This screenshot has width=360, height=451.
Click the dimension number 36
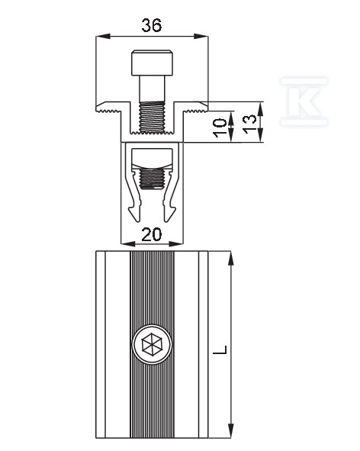click(152, 25)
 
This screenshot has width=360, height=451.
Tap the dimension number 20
click(152, 234)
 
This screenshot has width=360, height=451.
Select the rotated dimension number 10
click(220, 127)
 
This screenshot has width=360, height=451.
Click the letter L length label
click(221, 350)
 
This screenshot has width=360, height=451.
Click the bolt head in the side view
click(153, 63)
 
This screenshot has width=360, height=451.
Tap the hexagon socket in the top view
click(152, 344)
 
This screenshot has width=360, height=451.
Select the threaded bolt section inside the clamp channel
click(152, 118)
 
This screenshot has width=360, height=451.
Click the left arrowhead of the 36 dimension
click(103, 37)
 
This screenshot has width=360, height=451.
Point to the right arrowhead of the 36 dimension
click(201, 37)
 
